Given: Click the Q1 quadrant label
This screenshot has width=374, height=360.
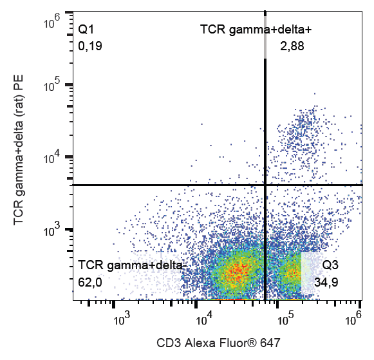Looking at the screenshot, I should [x=86, y=30].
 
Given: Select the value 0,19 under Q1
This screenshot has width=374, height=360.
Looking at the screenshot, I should [x=90, y=46].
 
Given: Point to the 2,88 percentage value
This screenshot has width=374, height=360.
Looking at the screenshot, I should [x=292, y=46].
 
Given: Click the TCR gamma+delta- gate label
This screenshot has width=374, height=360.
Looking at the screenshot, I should [x=131, y=265].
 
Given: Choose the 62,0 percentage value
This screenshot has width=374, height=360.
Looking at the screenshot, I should [x=91, y=281].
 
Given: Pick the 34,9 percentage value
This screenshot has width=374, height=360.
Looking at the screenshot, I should [x=327, y=281].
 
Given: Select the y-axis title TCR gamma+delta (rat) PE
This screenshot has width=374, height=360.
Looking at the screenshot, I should [x=19, y=156].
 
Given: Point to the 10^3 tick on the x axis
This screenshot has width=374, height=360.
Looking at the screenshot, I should [x=121, y=317].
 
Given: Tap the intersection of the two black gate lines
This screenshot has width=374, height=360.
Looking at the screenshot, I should [x=265, y=185].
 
